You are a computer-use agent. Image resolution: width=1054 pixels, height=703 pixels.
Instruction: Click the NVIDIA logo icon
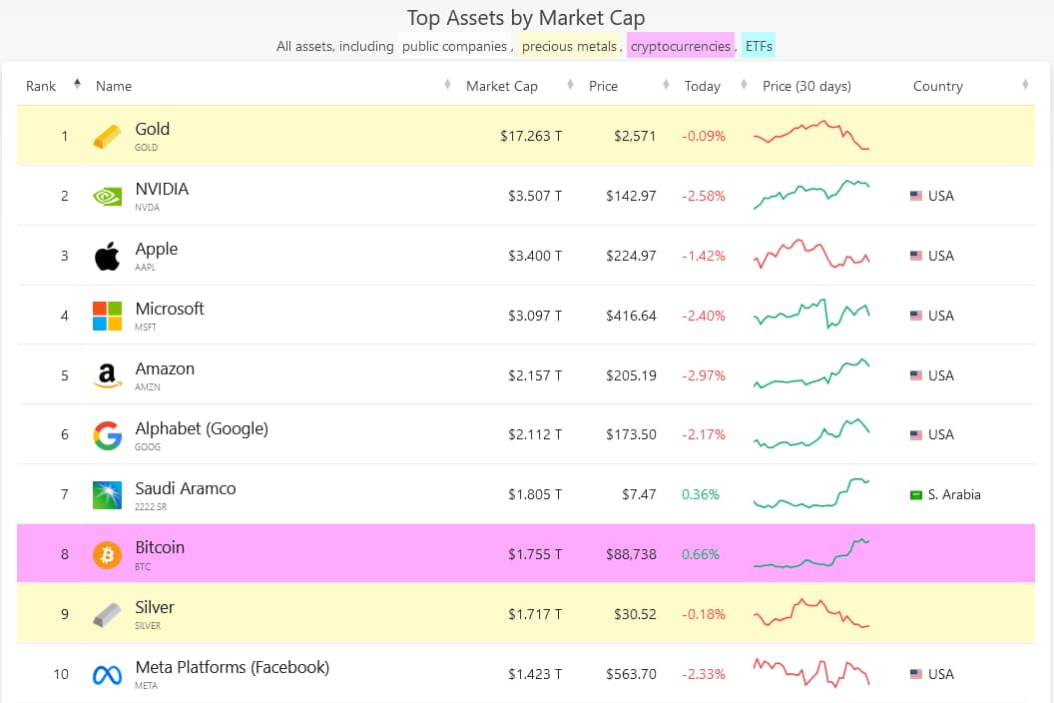(107, 196)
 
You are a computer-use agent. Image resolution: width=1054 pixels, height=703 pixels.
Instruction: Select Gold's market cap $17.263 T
(531, 136)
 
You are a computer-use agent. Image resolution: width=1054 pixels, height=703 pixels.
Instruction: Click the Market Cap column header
(501, 86)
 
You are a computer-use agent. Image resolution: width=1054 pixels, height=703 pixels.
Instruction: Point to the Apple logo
(107, 256)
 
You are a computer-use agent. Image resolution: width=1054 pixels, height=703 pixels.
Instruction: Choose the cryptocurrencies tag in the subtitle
(681, 46)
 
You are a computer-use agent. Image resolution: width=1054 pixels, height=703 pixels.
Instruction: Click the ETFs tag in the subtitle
(759, 46)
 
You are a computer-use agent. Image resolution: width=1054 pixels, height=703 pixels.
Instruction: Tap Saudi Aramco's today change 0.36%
(701, 494)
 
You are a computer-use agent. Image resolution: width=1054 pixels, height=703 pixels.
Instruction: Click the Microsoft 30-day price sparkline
(811, 315)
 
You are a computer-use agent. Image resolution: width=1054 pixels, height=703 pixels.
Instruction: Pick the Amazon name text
(165, 368)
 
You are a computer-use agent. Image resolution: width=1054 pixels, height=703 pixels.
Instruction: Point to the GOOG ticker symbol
(147, 447)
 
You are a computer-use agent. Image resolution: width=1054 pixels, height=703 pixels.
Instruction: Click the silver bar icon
(107, 614)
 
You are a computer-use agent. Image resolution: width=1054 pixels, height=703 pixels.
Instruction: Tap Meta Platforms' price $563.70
(631, 674)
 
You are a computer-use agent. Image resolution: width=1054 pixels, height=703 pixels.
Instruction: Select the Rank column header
(41, 86)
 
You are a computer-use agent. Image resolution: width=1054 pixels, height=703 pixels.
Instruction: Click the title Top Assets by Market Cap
(526, 18)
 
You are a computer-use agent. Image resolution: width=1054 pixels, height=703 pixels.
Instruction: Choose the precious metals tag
(569, 46)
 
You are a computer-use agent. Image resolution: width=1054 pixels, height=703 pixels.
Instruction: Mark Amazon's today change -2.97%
(704, 375)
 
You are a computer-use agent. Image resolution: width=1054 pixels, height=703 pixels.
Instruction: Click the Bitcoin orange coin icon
(107, 554)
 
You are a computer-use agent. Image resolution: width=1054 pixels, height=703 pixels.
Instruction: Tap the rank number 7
(65, 494)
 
